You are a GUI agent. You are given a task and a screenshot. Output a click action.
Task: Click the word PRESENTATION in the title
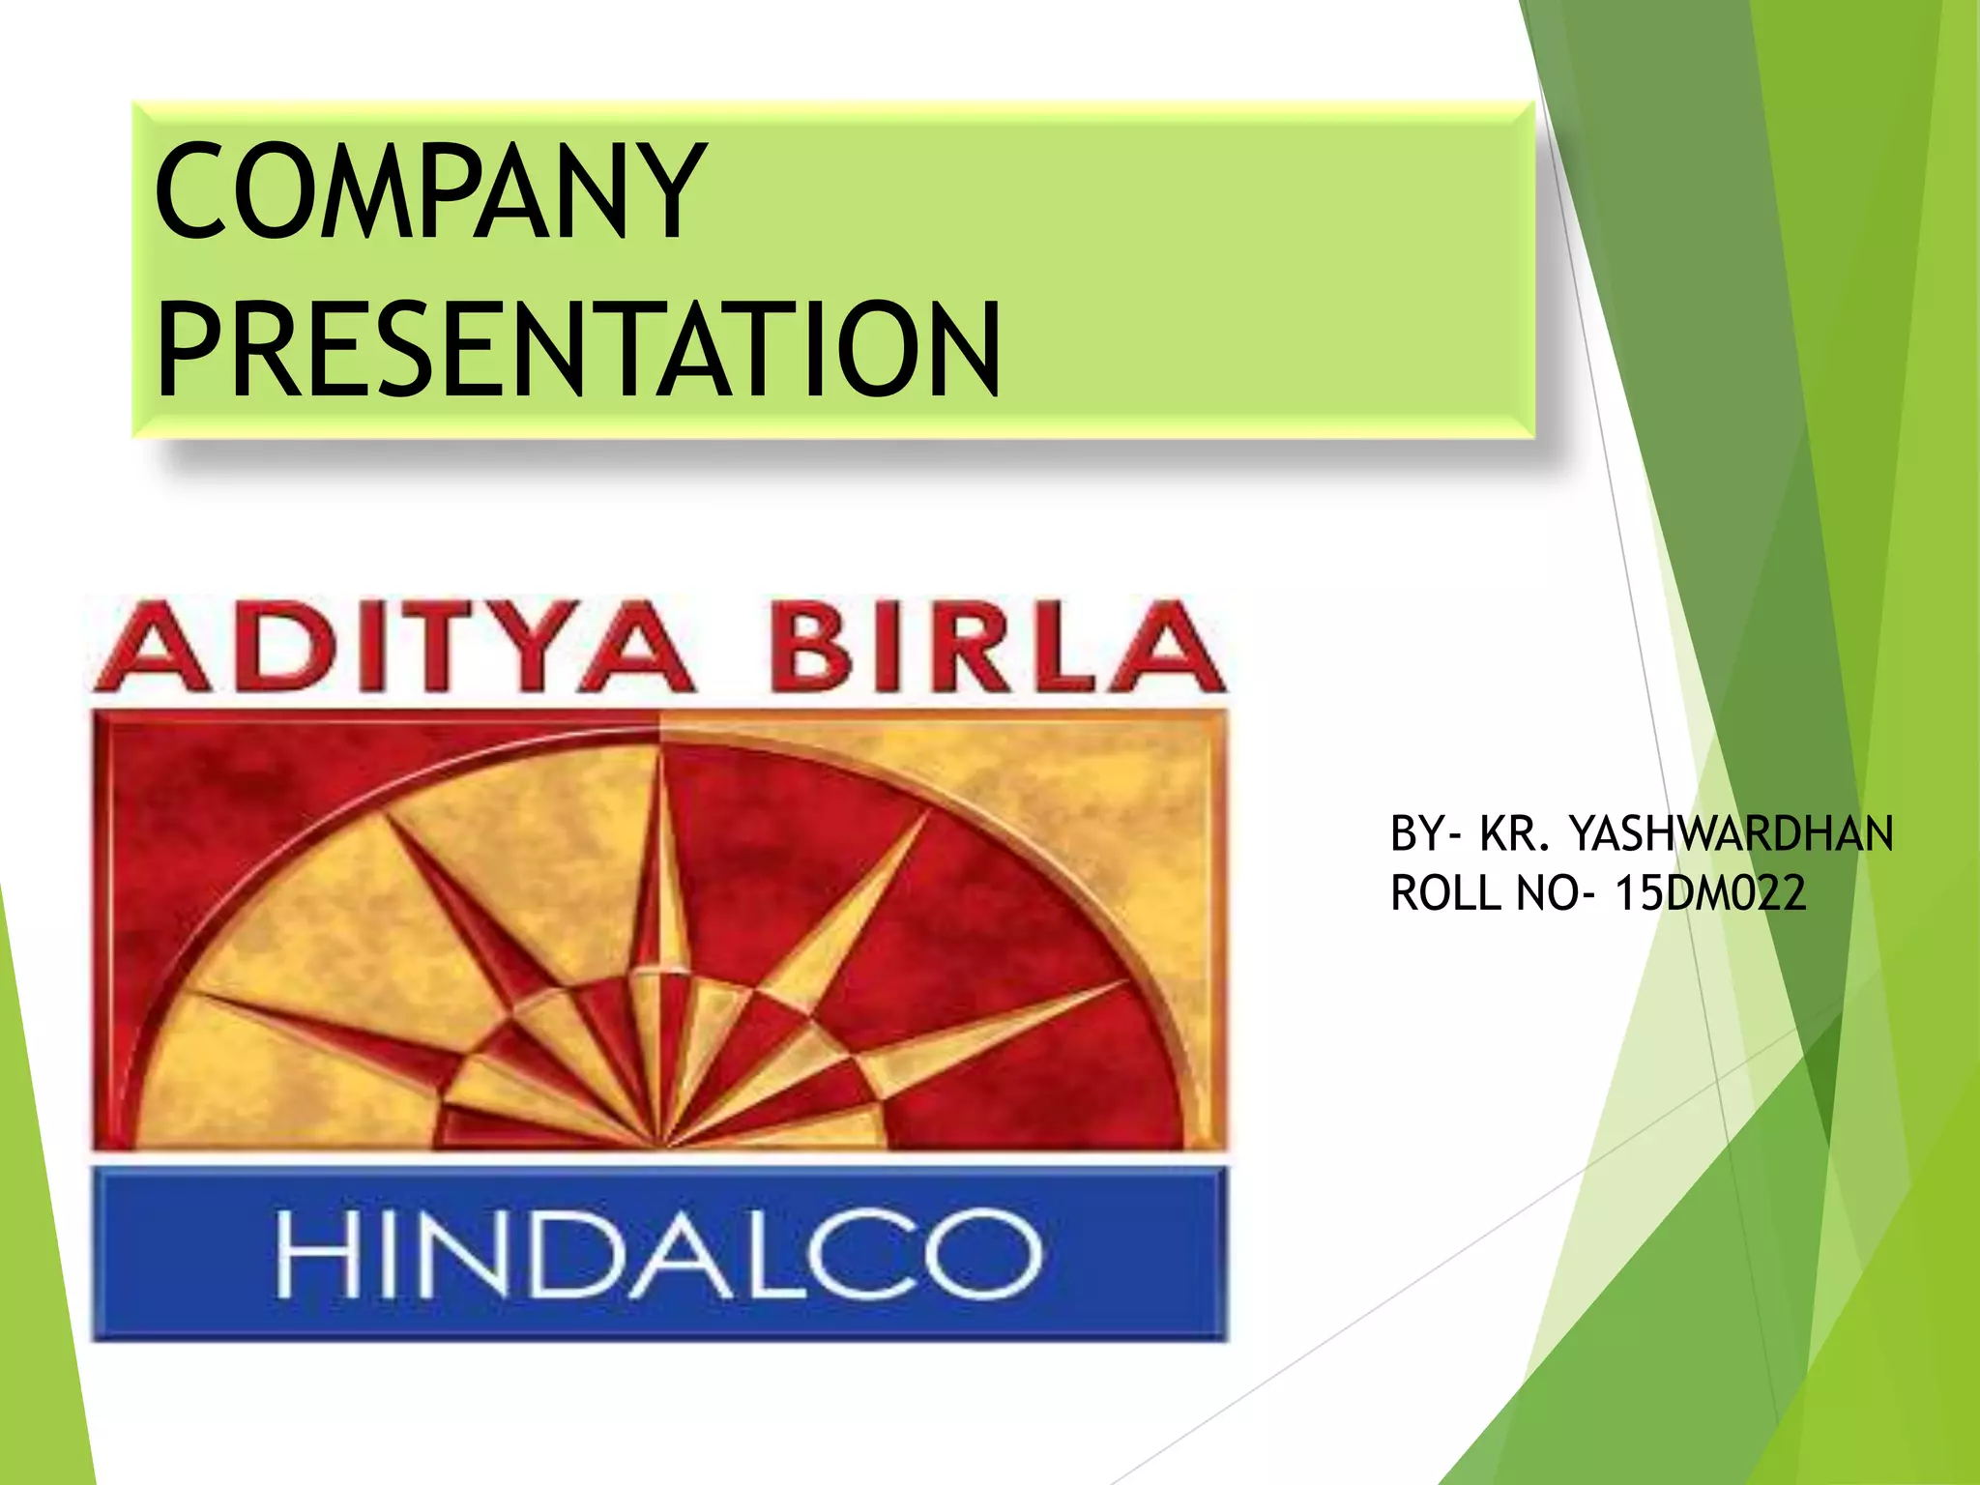(578, 350)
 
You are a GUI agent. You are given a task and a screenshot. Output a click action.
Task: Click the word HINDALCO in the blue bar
(659, 1253)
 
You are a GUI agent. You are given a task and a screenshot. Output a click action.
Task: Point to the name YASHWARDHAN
(1731, 833)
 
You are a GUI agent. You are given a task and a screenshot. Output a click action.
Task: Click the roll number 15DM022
(1710, 892)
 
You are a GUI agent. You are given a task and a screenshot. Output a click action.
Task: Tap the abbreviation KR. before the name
(1514, 833)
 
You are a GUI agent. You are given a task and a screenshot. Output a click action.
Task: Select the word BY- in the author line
(1427, 833)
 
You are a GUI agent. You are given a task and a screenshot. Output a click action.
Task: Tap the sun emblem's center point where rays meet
(662, 1147)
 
